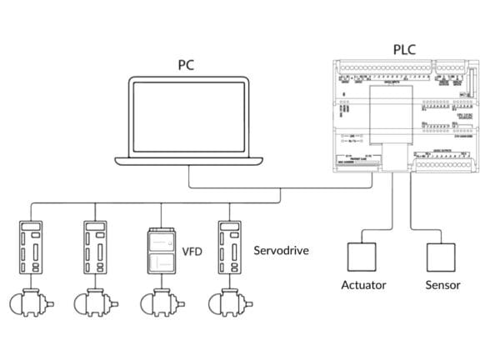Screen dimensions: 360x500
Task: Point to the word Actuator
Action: point(364,285)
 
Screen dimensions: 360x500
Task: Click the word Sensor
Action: point(442,285)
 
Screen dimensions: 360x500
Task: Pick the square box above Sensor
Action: point(442,255)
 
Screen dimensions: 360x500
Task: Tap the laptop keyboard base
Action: point(190,159)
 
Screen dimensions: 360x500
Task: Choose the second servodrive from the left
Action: point(95,247)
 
